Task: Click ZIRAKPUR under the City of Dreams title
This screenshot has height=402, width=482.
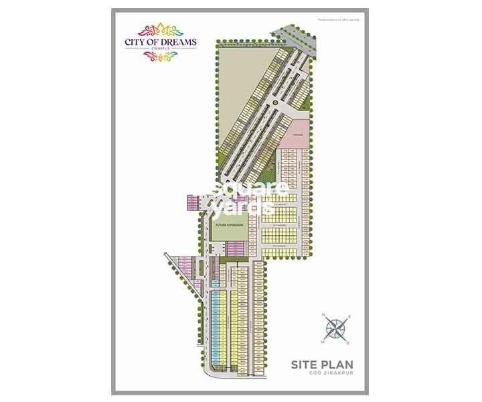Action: [159, 50]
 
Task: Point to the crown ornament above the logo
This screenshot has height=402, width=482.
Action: [159, 30]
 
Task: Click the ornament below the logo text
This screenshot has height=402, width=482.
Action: [159, 57]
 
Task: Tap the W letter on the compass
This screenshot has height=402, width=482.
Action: [323, 341]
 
